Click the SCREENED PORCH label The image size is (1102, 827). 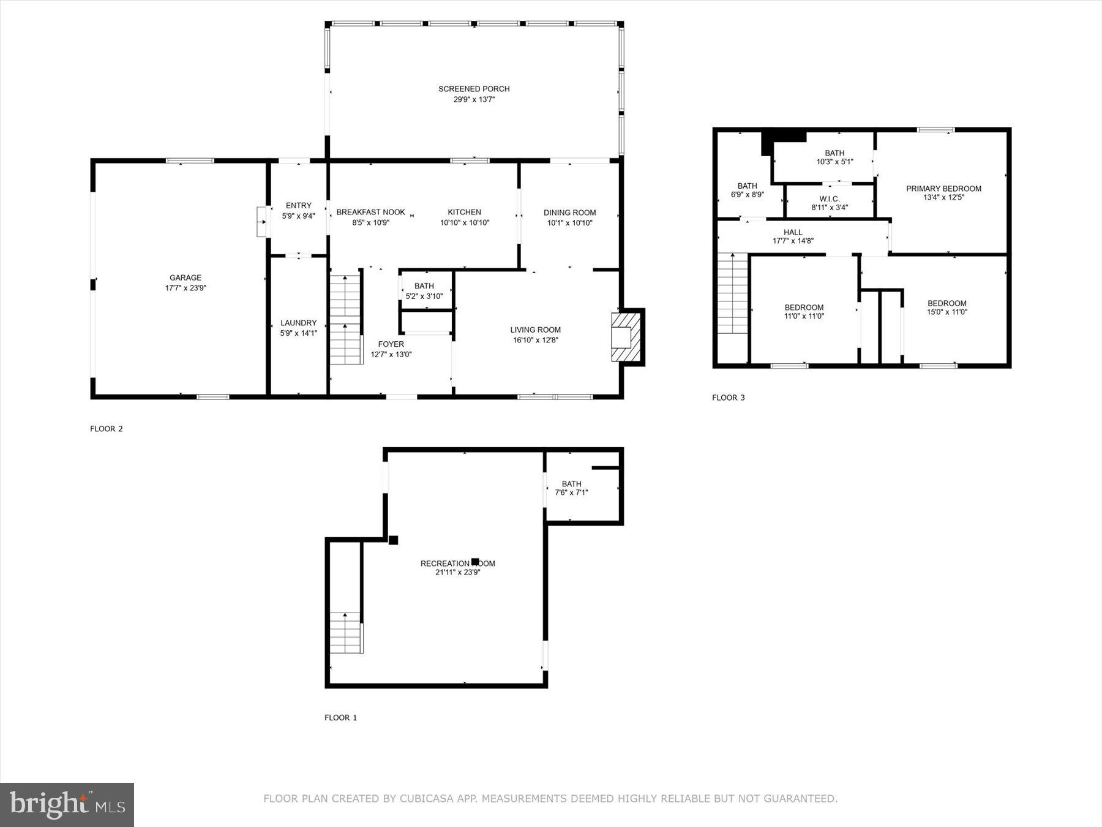click(474, 89)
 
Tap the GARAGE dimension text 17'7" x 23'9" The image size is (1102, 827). click(186, 288)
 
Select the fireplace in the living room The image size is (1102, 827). click(626, 338)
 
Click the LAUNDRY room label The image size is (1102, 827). click(298, 323)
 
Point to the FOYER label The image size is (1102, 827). click(391, 344)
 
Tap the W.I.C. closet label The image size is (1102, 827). click(830, 198)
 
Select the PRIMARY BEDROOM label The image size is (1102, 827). click(943, 189)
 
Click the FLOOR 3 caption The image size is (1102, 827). click(728, 398)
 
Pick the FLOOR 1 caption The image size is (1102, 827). click(340, 717)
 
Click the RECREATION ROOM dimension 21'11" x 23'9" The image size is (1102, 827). click(457, 573)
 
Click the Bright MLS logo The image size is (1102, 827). click(67, 804)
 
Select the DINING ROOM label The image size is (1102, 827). click(569, 213)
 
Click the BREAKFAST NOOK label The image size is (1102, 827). click(370, 212)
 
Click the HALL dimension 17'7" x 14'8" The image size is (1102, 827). click(793, 241)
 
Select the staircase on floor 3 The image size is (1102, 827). click(733, 293)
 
